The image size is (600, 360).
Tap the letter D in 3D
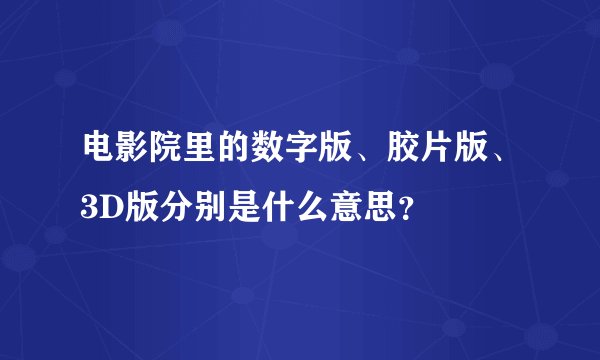pyautogui.click(x=108, y=209)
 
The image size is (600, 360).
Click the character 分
pyautogui.click(x=167, y=209)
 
